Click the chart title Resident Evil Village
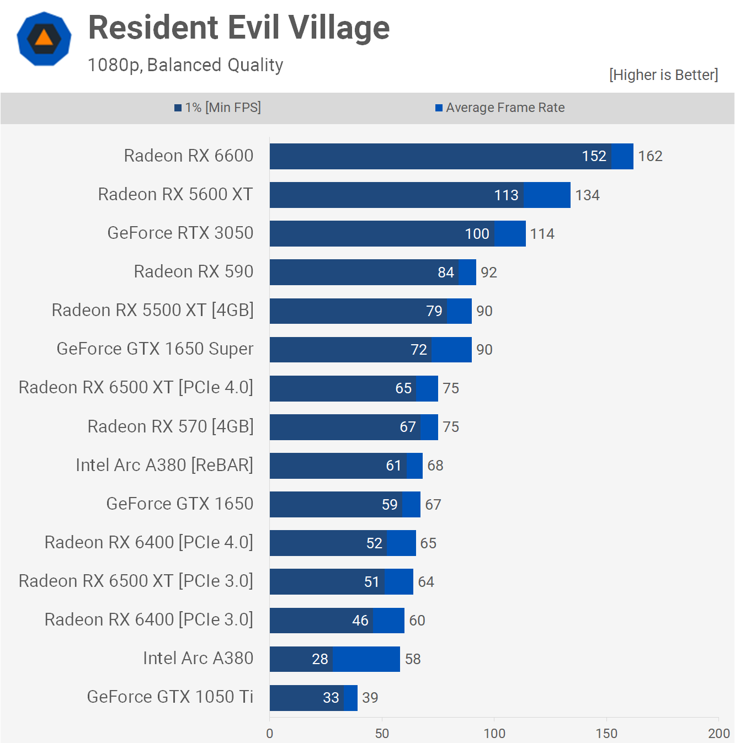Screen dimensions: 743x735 click(239, 28)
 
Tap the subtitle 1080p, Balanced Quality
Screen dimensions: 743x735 click(185, 65)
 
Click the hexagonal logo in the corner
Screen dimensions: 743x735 click(44, 39)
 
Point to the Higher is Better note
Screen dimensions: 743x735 click(663, 75)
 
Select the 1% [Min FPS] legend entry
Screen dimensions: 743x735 click(218, 108)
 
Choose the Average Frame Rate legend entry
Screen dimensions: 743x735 click(500, 108)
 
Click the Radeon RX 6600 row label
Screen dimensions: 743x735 click(189, 156)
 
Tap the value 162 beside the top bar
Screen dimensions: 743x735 click(650, 157)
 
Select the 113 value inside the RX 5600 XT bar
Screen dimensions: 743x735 click(506, 195)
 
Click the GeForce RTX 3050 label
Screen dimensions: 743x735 click(180, 233)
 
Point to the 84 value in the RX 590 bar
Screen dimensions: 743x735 click(446, 272)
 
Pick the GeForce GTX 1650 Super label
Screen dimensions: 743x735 click(155, 349)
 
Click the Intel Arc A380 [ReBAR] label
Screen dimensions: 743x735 click(164, 466)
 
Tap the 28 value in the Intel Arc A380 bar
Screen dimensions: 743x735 click(320, 659)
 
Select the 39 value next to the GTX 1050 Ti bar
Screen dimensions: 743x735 click(370, 698)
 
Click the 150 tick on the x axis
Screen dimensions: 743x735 click(606, 734)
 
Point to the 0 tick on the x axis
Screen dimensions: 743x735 click(270, 734)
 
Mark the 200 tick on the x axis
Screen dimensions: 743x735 click(718, 734)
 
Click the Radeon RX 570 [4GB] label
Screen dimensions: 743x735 click(171, 427)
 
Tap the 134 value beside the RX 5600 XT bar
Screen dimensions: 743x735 click(587, 195)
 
